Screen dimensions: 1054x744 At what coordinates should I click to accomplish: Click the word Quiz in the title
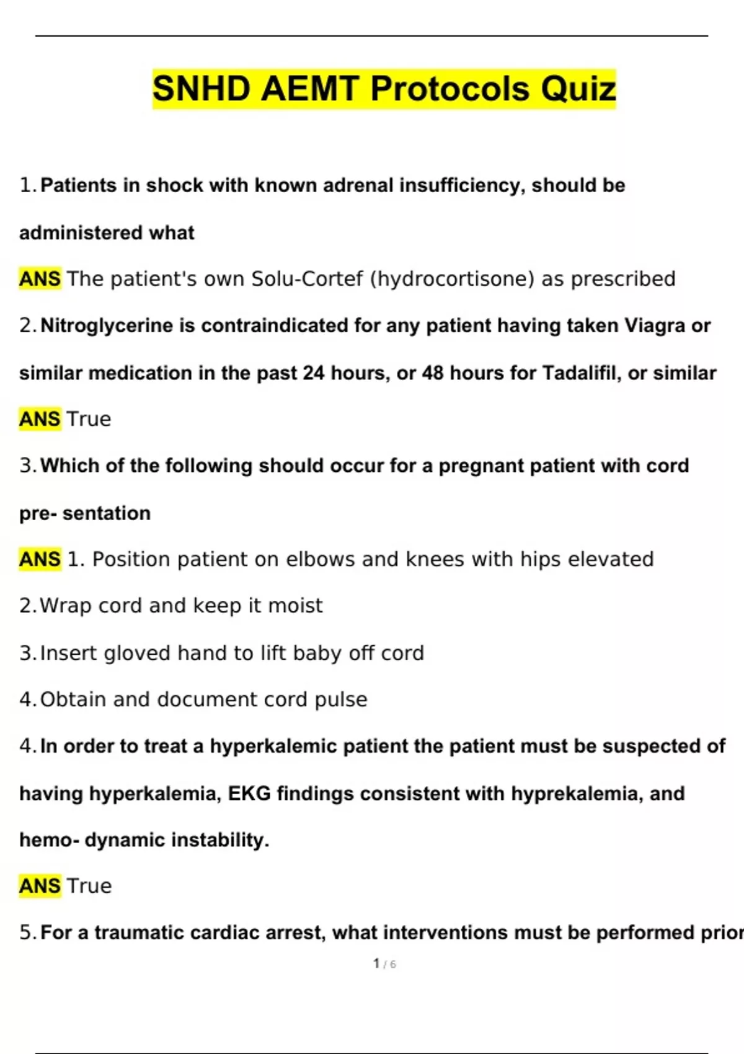[x=578, y=89]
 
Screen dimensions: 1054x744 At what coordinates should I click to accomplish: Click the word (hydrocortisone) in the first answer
[x=452, y=279]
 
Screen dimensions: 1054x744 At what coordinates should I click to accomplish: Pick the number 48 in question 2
[x=433, y=373]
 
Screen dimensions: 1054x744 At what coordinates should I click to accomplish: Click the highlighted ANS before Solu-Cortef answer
[x=40, y=279]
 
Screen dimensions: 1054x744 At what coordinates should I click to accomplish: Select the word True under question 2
[x=89, y=419]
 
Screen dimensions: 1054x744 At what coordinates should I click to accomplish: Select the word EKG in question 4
[x=249, y=793]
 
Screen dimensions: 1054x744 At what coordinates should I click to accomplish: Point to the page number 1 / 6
[x=384, y=964]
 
